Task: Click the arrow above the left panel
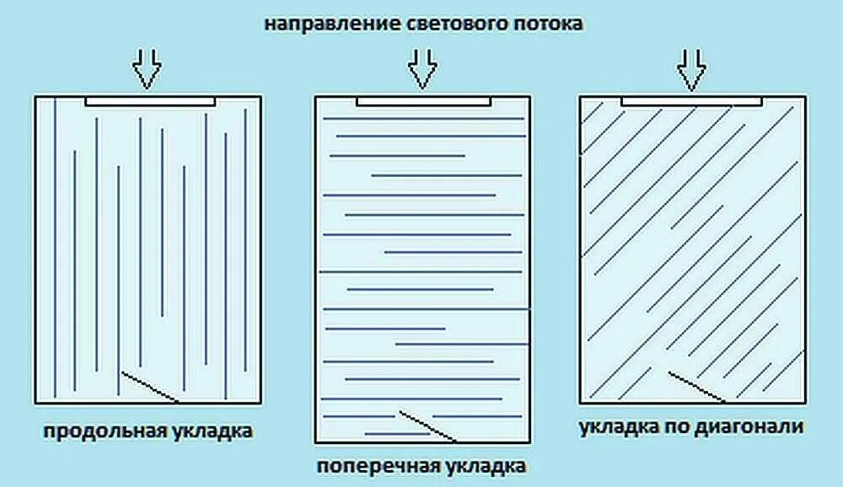(147, 69)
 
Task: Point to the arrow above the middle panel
(423, 69)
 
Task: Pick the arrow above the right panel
(691, 69)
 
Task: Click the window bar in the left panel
(150, 101)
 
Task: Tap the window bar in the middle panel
(423, 101)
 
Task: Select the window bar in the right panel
(691, 101)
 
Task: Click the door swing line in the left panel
(149, 385)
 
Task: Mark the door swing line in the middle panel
(427, 425)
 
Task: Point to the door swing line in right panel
(695, 385)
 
